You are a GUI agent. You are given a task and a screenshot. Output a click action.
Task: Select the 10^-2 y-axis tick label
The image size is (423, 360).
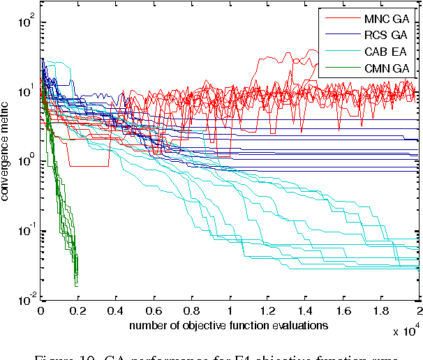tap(26, 300)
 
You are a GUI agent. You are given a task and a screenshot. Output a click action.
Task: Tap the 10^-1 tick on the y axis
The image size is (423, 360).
tap(26, 230)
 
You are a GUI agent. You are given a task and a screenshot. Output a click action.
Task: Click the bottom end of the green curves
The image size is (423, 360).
tap(76, 285)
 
